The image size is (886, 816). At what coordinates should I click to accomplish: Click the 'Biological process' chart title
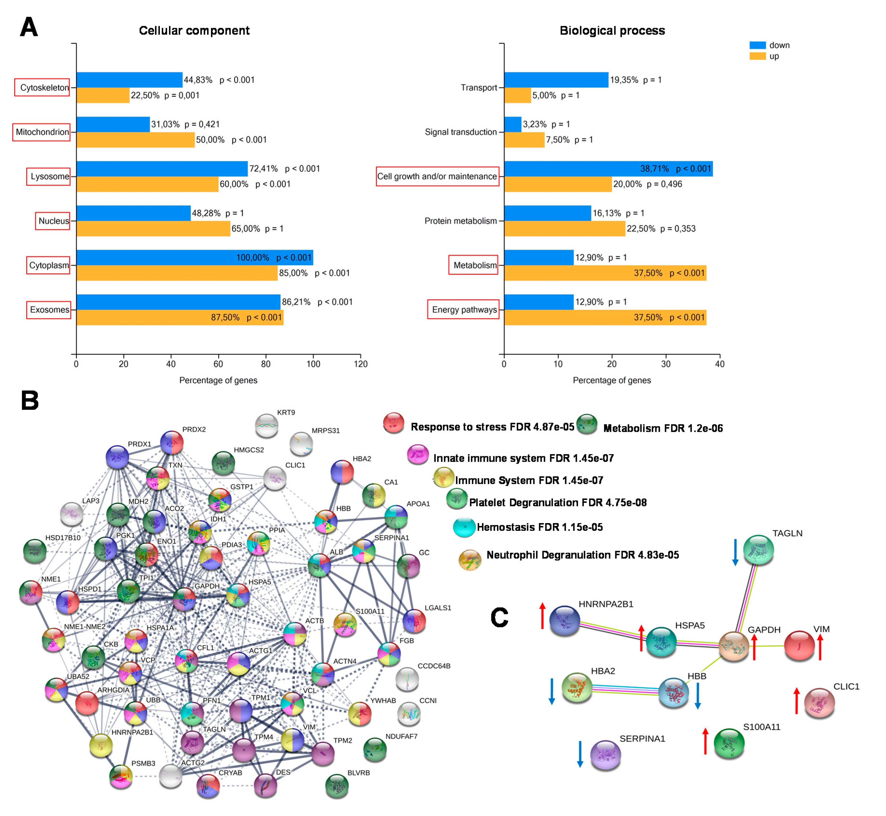point(612,30)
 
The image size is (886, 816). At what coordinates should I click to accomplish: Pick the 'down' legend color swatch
point(757,45)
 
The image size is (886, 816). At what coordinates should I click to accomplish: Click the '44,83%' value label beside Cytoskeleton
point(198,80)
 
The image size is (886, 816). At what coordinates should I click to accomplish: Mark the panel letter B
point(30,401)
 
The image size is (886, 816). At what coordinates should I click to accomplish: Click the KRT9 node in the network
point(266,426)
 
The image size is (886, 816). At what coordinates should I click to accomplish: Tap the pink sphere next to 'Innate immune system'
point(417,454)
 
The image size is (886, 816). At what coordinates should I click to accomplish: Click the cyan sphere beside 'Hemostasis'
point(464,527)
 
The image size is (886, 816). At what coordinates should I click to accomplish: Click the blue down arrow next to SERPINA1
point(580,754)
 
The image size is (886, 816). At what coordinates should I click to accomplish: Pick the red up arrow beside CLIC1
point(796,701)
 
